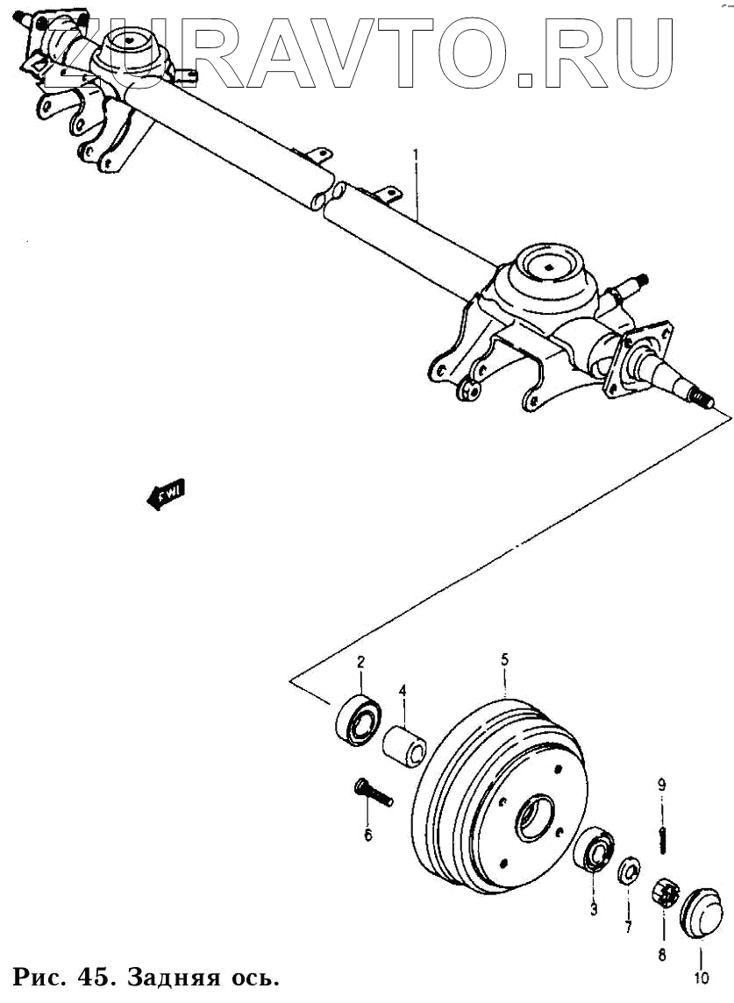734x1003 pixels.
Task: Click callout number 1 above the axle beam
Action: tap(416, 157)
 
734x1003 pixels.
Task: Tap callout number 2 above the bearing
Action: tap(360, 663)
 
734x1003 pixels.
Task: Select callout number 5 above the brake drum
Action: tap(504, 658)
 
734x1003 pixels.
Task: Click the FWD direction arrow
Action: tap(164, 495)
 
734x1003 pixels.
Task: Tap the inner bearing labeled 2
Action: tap(358, 720)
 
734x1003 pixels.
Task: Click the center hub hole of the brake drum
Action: tap(533, 817)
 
